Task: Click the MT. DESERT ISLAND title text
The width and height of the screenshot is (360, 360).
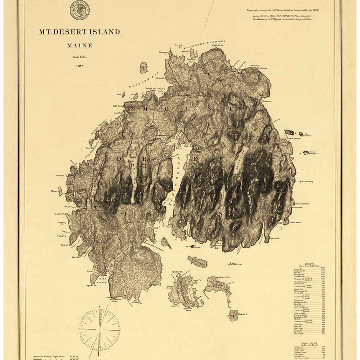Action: point(80,32)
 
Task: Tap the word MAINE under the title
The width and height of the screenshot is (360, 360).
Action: point(80,45)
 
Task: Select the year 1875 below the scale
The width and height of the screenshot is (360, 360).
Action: point(80,66)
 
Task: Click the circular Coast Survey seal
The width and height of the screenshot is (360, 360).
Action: point(79,9)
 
